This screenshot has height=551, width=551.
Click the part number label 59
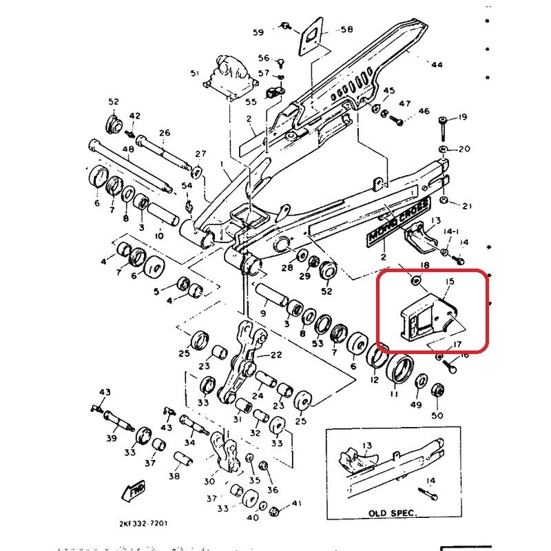tap(258, 32)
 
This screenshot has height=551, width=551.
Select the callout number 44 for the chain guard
tap(436, 65)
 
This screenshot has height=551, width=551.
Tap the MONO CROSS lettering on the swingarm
tap(399, 222)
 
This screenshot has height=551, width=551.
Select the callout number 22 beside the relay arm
tap(276, 355)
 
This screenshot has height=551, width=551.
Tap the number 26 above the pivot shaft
tap(164, 133)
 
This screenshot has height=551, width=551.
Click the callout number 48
tap(128, 149)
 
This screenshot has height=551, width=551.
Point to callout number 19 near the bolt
tap(462, 117)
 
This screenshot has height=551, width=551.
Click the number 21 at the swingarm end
tap(468, 205)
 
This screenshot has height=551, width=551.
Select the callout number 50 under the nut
tap(437, 415)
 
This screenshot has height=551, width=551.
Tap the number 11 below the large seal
tap(394, 395)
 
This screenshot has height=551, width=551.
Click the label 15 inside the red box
tap(450, 282)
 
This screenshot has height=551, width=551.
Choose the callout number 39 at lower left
tap(111, 438)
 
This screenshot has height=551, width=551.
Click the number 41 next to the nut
tap(297, 504)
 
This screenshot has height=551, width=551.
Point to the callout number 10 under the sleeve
tap(159, 236)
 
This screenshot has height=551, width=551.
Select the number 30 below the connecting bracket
tap(210, 481)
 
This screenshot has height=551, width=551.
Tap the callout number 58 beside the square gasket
tap(346, 30)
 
